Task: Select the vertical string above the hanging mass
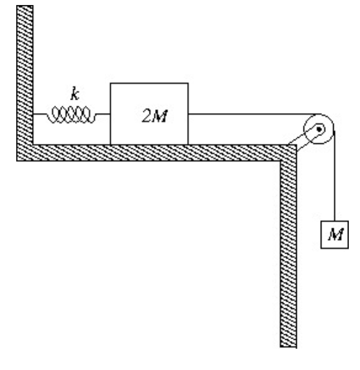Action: pos(334,179)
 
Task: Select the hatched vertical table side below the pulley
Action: pos(287,252)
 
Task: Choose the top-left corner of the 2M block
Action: pos(110,83)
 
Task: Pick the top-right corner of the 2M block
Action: pos(188,83)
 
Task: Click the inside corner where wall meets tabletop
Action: pos(33,144)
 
